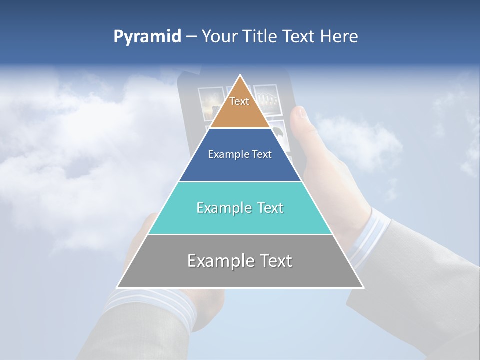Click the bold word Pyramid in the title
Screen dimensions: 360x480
coord(147,37)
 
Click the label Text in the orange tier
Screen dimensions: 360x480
coord(239,101)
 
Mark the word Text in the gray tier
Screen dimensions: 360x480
coord(275,261)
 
